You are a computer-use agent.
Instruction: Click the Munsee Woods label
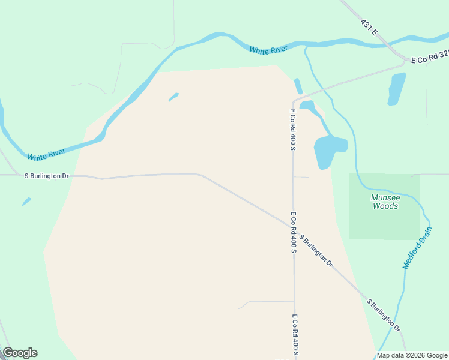point(385,202)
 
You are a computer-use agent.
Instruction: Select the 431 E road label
point(369,27)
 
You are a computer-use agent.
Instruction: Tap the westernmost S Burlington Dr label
point(46,176)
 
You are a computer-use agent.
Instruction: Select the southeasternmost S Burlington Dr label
point(384,314)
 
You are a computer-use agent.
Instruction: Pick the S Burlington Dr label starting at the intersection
point(316,251)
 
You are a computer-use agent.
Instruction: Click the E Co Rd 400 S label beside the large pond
point(293,130)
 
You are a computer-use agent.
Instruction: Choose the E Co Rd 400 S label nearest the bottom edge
point(295,335)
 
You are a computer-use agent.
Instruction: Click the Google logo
point(20,353)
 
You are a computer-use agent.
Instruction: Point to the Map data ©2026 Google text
point(412,355)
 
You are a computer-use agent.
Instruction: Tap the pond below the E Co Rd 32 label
point(396,88)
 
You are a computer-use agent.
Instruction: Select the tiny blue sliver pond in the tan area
point(173,97)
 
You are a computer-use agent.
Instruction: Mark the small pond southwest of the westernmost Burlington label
point(26,202)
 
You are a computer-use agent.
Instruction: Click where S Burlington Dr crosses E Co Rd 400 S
point(294,227)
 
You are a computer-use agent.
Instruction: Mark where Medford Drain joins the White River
point(306,46)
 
